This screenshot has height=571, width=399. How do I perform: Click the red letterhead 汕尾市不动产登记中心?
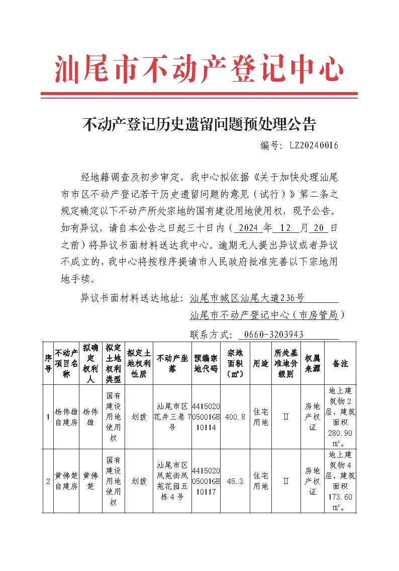(199, 69)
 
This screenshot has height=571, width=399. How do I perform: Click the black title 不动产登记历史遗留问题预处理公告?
(199, 123)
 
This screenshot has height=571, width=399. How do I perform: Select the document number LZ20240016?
(314, 145)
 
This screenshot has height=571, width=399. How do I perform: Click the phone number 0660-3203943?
(273, 335)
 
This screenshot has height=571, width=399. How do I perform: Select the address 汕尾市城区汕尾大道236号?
(247, 298)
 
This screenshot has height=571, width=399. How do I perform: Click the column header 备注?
(340, 363)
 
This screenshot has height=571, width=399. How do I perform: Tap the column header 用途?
(260, 363)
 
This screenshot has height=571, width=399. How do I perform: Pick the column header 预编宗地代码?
(206, 363)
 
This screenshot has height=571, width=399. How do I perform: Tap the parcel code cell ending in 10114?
(206, 417)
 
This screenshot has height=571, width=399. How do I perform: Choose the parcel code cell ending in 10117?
(206, 481)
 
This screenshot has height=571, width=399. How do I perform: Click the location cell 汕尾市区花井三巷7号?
(172, 417)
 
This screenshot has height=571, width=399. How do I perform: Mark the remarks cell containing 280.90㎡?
(340, 417)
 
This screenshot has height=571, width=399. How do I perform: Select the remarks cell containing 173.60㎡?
(340, 481)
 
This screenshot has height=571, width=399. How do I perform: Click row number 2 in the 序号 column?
(48, 481)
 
